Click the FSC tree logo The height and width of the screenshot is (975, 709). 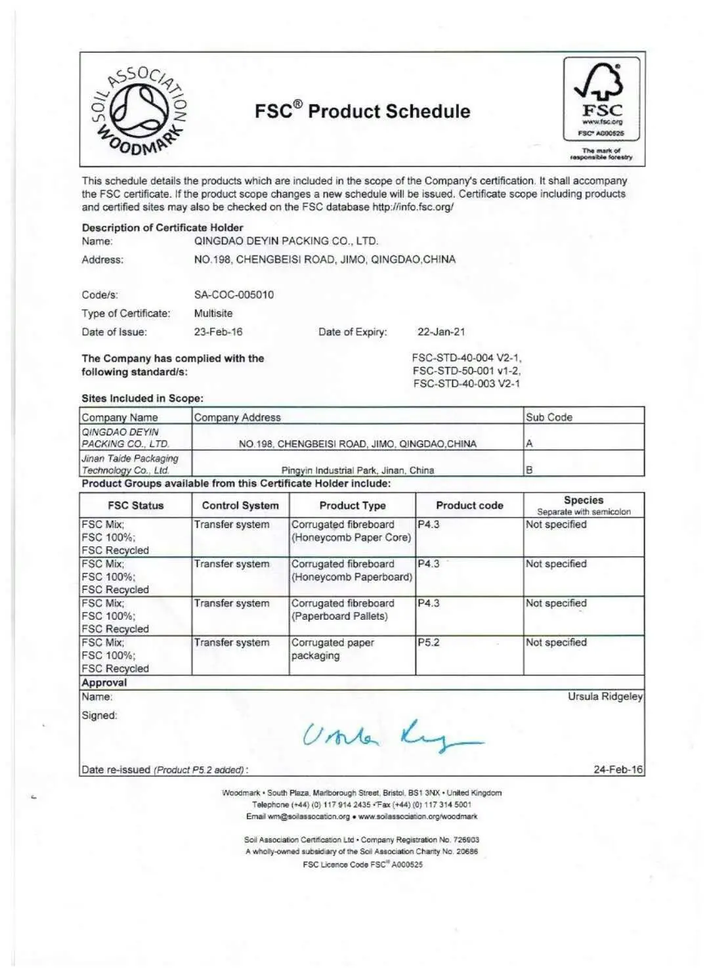[x=601, y=98]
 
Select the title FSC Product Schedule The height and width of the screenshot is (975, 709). [x=362, y=111]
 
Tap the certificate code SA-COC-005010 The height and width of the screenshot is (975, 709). [x=234, y=295]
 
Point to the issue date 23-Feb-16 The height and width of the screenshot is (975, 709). [x=218, y=332]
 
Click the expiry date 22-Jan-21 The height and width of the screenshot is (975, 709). [x=440, y=332]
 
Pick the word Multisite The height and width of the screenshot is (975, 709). [x=213, y=313]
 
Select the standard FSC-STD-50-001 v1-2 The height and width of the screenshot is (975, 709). [x=466, y=371]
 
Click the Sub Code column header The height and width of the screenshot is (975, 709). [x=549, y=417]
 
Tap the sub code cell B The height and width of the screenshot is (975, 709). [x=529, y=470]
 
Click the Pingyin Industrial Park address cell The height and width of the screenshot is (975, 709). [x=358, y=470]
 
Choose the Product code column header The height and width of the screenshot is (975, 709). [x=469, y=506]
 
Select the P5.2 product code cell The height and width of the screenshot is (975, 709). [x=429, y=643]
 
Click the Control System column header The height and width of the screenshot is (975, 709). [x=240, y=506]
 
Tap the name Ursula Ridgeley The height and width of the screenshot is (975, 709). [x=605, y=696]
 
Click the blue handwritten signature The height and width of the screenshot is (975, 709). [x=393, y=735]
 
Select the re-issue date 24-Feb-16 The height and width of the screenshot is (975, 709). [x=618, y=769]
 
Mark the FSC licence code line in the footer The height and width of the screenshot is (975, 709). [x=362, y=865]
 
